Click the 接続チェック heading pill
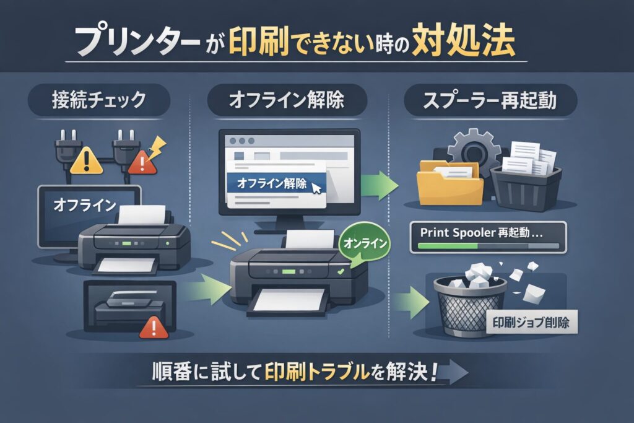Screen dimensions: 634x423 click(98, 100)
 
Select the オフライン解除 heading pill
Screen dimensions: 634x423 click(287, 100)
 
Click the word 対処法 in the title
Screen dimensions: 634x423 click(463, 40)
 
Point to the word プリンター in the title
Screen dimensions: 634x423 click(138, 42)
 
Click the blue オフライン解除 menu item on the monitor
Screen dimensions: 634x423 click(277, 183)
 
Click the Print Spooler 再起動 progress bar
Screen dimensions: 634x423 click(488, 246)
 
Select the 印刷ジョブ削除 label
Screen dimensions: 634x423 click(531, 322)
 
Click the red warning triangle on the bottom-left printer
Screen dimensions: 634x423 click(154, 328)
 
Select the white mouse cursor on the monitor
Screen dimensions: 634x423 click(316, 188)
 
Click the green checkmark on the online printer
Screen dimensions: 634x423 click(341, 272)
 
